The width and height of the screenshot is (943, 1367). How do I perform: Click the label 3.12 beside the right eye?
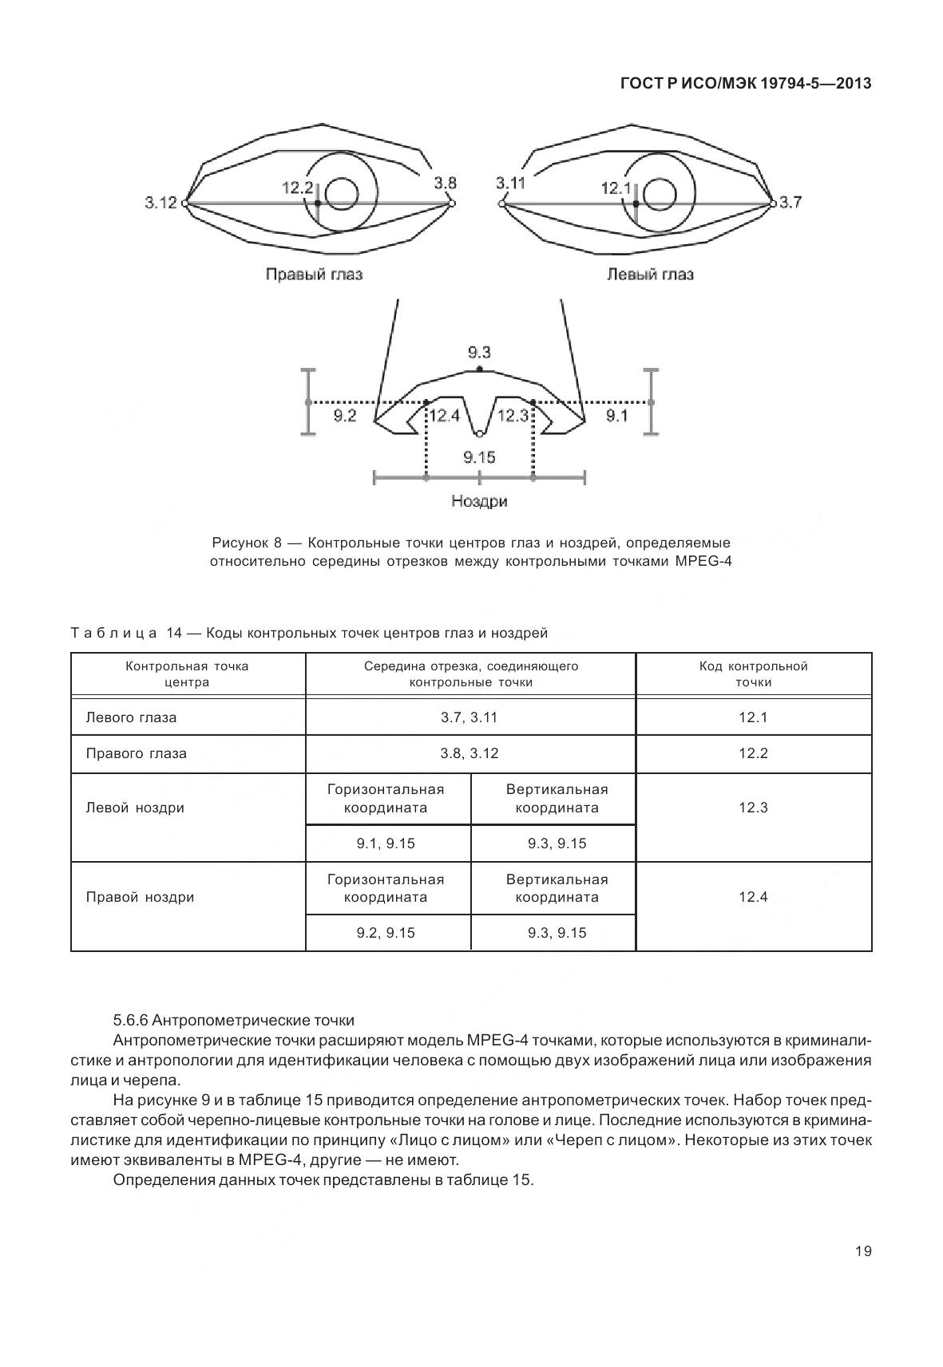pyautogui.click(x=160, y=203)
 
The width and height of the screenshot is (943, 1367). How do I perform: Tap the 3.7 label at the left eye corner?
pyautogui.click(x=790, y=202)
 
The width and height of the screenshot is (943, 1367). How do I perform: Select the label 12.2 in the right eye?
pyautogui.click(x=297, y=188)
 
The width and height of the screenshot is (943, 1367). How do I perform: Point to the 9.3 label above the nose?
pyautogui.click(x=479, y=352)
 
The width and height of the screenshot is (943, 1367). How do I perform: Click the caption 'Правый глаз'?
pyautogui.click(x=314, y=275)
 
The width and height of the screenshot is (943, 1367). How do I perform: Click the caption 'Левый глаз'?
pyautogui.click(x=650, y=275)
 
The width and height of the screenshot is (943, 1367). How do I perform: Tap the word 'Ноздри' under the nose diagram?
pyautogui.click(x=479, y=501)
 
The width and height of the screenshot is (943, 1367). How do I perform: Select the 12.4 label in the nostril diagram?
pyautogui.click(x=445, y=415)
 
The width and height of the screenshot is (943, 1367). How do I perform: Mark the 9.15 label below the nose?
pyautogui.click(x=479, y=457)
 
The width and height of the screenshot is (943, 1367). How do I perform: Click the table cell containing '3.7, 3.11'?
pyautogui.click(x=470, y=717)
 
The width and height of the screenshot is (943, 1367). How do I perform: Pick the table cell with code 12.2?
pyautogui.click(x=753, y=753)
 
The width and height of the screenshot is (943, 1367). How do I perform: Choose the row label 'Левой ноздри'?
pyautogui.click(x=135, y=808)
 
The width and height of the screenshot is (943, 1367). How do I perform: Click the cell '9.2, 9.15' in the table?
pyautogui.click(x=386, y=933)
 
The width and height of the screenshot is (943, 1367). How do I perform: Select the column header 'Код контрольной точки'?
pyautogui.click(x=753, y=674)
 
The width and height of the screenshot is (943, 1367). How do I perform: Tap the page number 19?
pyautogui.click(x=863, y=1251)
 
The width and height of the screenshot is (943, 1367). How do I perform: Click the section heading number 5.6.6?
pyautogui.click(x=131, y=1020)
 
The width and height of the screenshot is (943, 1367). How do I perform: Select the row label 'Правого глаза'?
pyautogui.click(x=136, y=753)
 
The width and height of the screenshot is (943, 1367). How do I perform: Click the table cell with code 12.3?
pyautogui.click(x=753, y=808)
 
